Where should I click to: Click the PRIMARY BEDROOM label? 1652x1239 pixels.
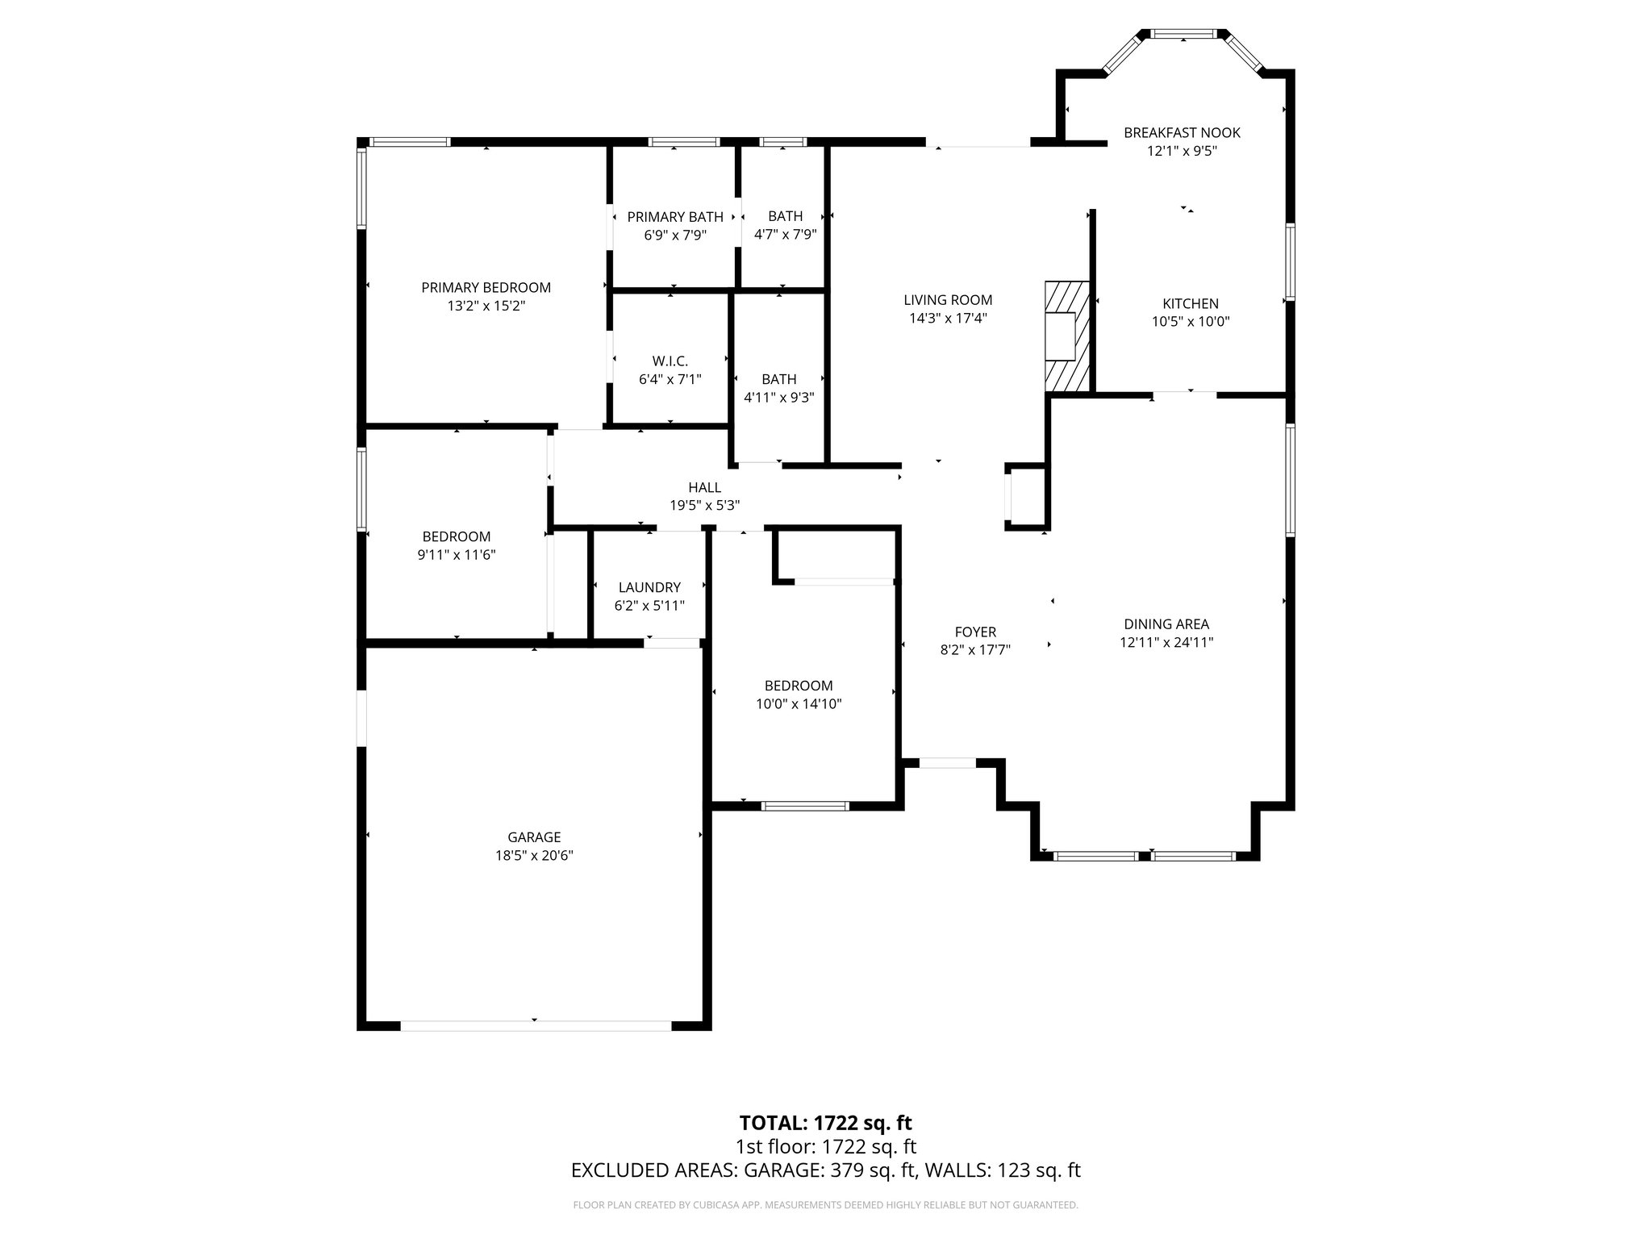tap(486, 287)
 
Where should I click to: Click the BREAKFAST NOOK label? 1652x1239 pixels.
tap(1182, 132)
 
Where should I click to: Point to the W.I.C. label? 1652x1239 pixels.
tap(670, 361)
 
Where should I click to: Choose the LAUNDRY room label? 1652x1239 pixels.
tap(649, 587)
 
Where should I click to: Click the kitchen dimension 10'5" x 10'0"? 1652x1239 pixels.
tap(1190, 321)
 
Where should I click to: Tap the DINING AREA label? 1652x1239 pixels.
tap(1166, 624)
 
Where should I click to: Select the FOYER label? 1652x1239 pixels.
tap(975, 632)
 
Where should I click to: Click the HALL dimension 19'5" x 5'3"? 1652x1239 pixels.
tap(704, 505)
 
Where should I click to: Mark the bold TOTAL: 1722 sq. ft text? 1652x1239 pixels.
tap(825, 1123)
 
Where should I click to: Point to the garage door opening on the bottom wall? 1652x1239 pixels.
tap(536, 1026)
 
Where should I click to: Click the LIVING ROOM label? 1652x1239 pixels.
tap(948, 300)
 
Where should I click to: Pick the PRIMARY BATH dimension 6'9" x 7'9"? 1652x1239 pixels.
tap(674, 235)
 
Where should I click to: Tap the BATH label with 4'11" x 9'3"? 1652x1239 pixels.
tap(778, 379)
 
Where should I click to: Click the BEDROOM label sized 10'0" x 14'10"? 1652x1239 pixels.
tap(798, 686)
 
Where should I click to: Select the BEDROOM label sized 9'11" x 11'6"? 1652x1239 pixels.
tap(456, 536)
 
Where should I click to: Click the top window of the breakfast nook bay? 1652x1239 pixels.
tap(1182, 34)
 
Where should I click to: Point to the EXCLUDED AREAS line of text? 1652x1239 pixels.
tap(825, 1170)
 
